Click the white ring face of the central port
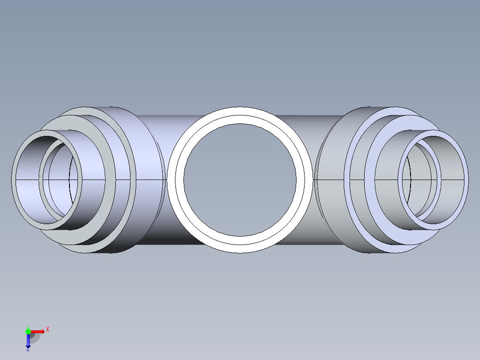(x=240, y=115)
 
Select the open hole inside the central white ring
(x=240, y=180)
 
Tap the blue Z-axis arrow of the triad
(x=28, y=341)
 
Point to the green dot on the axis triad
(x=28, y=331)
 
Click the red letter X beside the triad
(x=48, y=330)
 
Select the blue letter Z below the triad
(x=28, y=349)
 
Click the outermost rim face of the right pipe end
(x=465, y=180)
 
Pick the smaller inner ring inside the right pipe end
(x=438, y=180)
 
